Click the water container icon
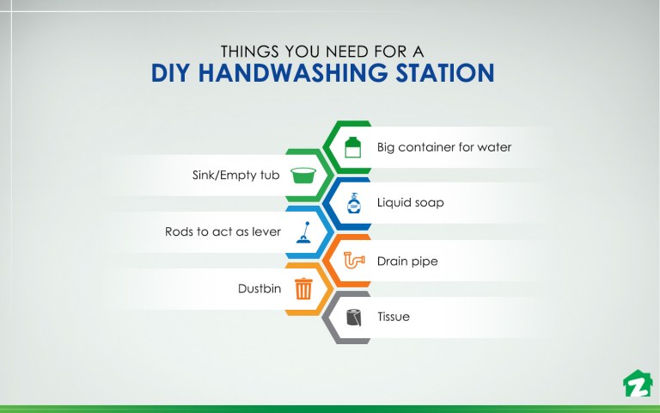tap(351, 147)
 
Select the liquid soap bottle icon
tap(352, 204)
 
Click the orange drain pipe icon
tap(353, 261)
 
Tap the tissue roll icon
tap(352, 317)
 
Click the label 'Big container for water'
tap(443, 147)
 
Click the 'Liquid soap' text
tap(410, 204)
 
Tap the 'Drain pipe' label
tap(407, 261)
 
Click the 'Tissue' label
tap(394, 317)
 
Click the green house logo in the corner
tap(636, 383)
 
